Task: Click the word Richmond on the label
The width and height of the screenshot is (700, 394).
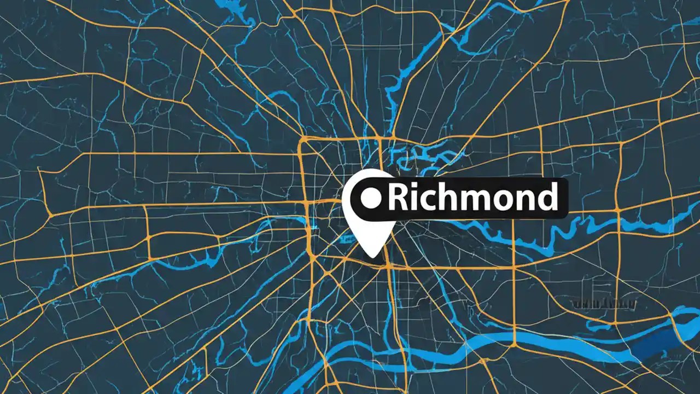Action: pos(472,198)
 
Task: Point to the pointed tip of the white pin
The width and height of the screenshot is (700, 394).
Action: pos(372,256)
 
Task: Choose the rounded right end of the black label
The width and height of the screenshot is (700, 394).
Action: pos(563,198)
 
